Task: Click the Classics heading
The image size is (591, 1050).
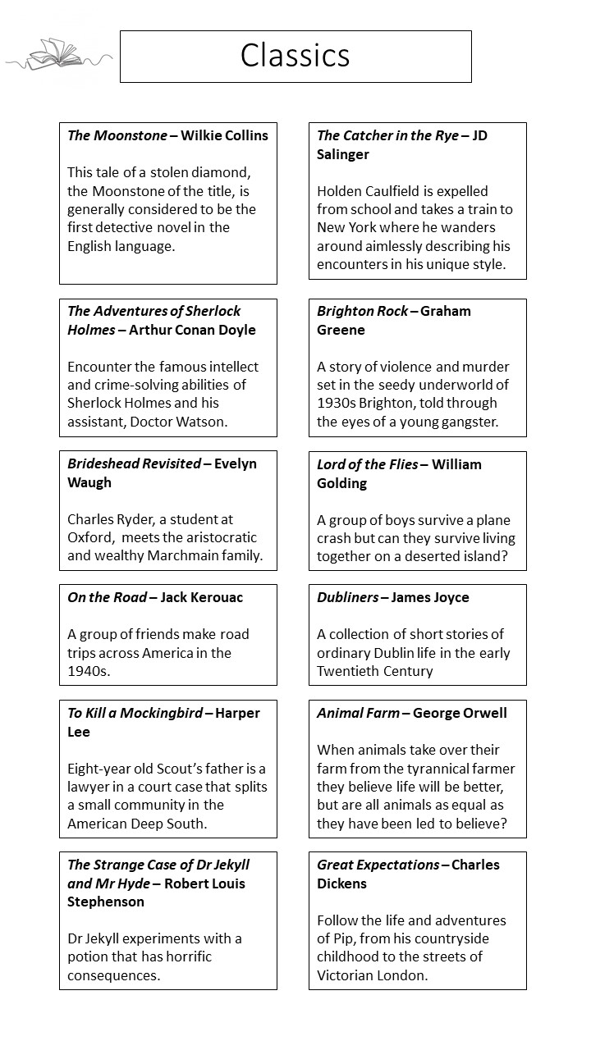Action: click(x=295, y=56)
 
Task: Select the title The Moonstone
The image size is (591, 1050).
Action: click(x=117, y=135)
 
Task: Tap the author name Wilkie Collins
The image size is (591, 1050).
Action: click(x=224, y=135)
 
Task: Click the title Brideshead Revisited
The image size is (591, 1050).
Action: click(x=134, y=463)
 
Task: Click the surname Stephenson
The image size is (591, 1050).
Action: click(x=106, y=902)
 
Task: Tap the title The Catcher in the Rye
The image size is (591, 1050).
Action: click(x=388, y=135)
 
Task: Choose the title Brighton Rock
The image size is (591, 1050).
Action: click(x=362, y=311)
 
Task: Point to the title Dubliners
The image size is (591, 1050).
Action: click(x=348, y=597)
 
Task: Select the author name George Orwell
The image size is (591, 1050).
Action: click(x=460, y=713)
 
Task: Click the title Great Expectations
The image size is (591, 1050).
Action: click(x=378, y=865)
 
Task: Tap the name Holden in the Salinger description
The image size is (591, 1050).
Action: click(x=341, y=191)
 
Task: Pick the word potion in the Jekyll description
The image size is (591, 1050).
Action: click(x=90, y=956)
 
